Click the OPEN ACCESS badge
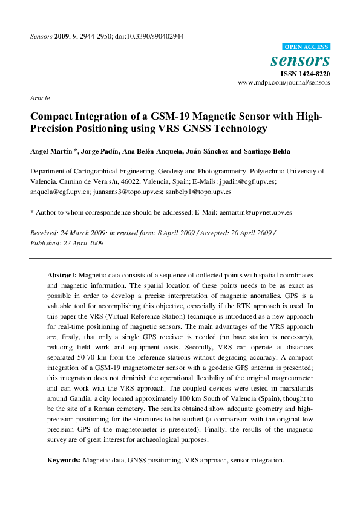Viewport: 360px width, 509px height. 307,47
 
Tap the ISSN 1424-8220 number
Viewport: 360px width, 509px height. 304,74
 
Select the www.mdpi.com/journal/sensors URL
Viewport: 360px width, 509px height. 284,82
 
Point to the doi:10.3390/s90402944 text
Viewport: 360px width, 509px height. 154,36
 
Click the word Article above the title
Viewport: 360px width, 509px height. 39,98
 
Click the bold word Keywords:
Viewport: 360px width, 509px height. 64,460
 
